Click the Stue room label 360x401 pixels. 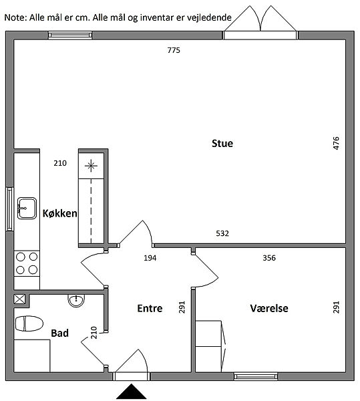pyautogui.click(x=222, y=143)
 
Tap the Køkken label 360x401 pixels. pyautogui.click(x=60, y=213)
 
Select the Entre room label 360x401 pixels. pyautogui.click(x=150, y=308)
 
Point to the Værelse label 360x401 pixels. pyautogui.click(x=269, y=308)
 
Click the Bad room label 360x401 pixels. pyautogui.click(x=60, y=333)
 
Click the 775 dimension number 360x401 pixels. pyautogui.click(x=174, y=50)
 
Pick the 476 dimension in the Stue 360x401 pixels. pyautogui.click(x=336, y=143)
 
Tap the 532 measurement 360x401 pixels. pyautogui.click(x=222, y=233)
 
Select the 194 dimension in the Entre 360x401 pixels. pyautogui.click(x=150, y=258)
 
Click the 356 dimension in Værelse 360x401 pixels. pyautogui.click(x=269, y=258)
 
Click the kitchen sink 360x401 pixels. pyautogui.click(x=27, y=208)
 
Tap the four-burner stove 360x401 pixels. pyautogui.click(x=27, y=263)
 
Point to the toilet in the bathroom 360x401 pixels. pyautogui.click(x=29, y=323)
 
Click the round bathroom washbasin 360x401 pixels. pyautogui.click(x=76, y=300)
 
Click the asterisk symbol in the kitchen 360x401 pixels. pyautogui.click(x=92, y=166)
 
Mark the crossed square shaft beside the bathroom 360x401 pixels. pyautogui.click(x=19, y=299)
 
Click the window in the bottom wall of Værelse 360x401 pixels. pyautogui.click(x=256, y=376)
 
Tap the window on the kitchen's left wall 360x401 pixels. pyautogui.click(x=9, y=209)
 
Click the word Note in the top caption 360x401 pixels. pyautogui.click(x=15, y=17)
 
